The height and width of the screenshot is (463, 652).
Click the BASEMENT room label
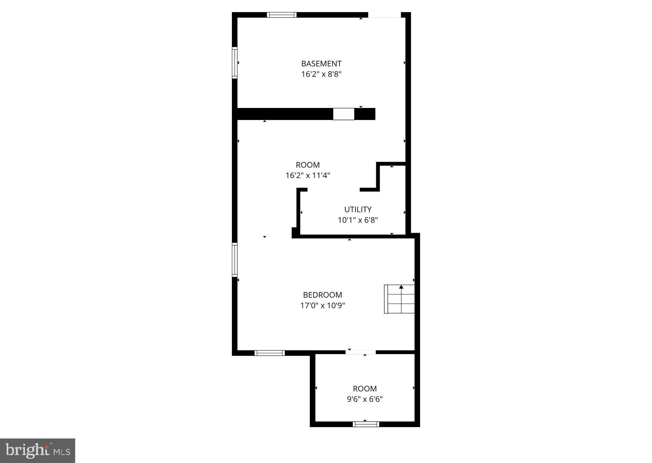pos(321,64)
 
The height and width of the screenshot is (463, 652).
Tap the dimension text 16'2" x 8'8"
pos(321,74)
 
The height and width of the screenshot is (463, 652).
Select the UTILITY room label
pos(358,210)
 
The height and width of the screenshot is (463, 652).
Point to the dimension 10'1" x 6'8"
pos(358,220)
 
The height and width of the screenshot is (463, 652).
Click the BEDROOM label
pos(322,295)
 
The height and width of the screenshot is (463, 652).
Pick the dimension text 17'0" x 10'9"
pos(322,306)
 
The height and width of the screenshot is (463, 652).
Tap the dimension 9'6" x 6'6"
pos(365,399)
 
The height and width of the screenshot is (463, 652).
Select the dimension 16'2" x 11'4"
pos(308,175)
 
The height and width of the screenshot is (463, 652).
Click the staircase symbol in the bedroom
pos(399,299)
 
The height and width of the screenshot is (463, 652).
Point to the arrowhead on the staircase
pos(401,287)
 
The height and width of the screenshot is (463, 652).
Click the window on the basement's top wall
pos(282,15)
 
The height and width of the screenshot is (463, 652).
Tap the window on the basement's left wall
pos(235,62)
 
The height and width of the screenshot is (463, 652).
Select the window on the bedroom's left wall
pos(235,259)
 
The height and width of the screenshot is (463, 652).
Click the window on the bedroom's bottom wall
pos(269,353)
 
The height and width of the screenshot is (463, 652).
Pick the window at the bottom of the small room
pos(366,424)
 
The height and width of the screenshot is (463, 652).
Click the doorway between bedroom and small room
pos(361,352)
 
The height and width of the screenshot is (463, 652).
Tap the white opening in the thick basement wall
pos(343,114)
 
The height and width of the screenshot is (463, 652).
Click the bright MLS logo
pos(38,451)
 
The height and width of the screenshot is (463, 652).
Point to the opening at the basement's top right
pos(384,15)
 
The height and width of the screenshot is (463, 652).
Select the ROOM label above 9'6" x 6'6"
pos(365,389)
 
